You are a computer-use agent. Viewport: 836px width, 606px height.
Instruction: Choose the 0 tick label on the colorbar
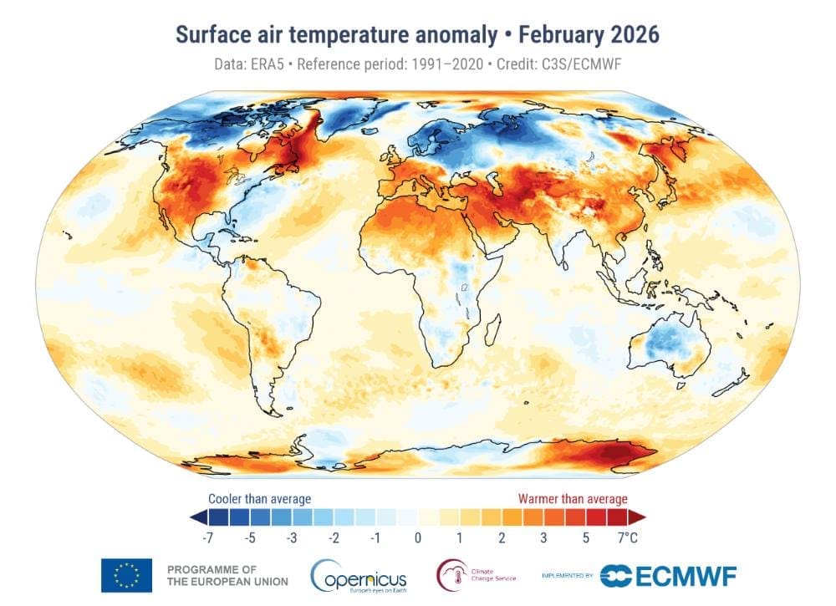tap(418, 537)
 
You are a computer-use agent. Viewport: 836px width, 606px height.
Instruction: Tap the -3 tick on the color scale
tap(291, 537)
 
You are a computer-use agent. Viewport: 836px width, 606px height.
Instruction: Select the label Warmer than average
tap(573, 499)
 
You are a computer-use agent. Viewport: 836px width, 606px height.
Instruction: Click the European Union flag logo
tap(126, 575)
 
